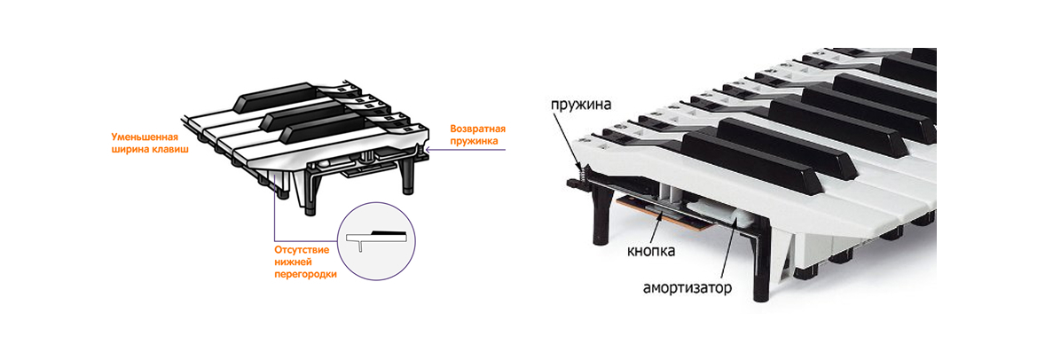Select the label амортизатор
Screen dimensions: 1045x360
click(687, 289)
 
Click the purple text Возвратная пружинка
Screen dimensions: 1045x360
click(477, 136)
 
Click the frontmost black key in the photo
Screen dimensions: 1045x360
click(750, 154)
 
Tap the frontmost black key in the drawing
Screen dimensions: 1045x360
click(302, 130)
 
